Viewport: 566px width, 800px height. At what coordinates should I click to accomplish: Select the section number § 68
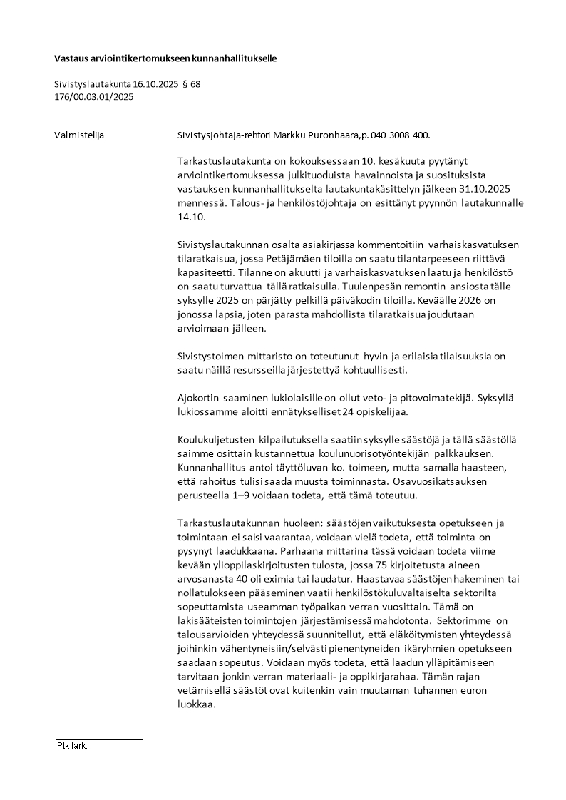(x=191, y=84)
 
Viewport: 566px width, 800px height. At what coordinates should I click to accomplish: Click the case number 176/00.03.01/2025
(x=93, y=97)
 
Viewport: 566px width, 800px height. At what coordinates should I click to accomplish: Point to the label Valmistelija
(x=79, y=135)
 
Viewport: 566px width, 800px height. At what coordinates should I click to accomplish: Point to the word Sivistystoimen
(x=209, y=356)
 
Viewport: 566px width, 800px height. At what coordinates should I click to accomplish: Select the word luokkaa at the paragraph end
(x=195, y=704)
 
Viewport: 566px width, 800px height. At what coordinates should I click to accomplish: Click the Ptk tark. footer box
(x=99, y=749)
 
